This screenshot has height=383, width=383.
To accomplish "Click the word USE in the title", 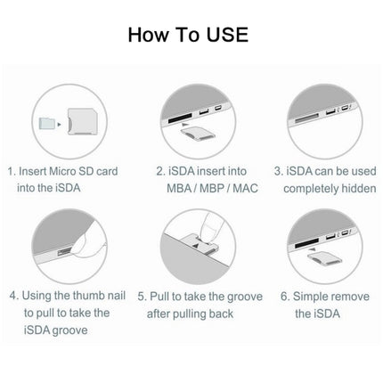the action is tap(227, 35).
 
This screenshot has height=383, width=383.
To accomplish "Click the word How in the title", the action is tap(148, 35).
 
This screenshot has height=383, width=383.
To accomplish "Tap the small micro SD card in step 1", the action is tap(46, 123).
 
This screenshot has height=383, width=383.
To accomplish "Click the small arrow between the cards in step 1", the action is tap(60, 125).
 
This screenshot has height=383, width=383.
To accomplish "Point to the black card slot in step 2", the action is tap(180, 118).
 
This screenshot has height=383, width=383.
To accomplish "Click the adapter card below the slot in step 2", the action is tap(198, 134).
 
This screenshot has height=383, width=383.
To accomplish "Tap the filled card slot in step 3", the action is tap(306, 118).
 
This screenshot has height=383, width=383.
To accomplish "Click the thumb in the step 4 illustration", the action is tap(88, 244).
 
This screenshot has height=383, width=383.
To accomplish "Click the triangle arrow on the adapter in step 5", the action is tap(195, 246).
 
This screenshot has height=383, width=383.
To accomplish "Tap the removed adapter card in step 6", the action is tap(324, 257).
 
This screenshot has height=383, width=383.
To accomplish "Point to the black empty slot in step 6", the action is tap(306, 243).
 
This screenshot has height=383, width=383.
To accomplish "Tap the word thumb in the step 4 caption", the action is tap(88, 296).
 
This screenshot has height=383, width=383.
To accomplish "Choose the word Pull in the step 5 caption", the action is tap(159, 297).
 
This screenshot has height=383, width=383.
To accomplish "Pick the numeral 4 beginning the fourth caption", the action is tap(13, 296).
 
